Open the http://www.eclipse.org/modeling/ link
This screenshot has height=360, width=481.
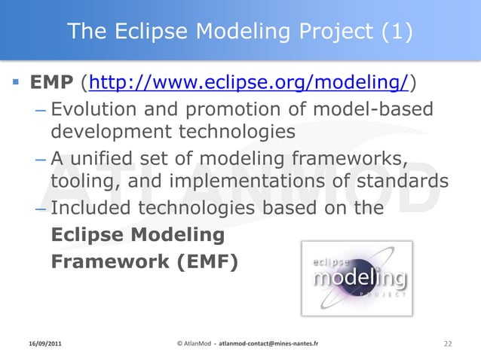[250, 81]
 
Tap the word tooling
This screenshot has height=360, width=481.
[81, 183]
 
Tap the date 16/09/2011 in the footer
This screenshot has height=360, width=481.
[41, 343]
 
